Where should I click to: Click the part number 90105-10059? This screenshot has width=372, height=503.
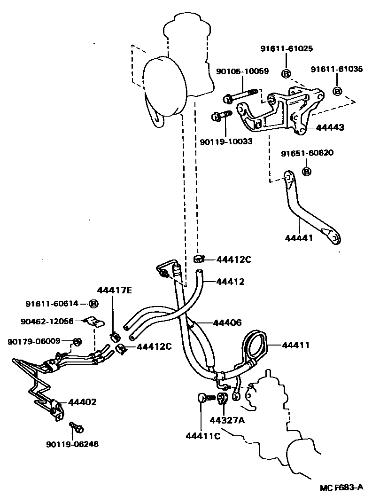(x=242, y=71)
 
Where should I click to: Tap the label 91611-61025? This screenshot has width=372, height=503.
(x=287, y=48)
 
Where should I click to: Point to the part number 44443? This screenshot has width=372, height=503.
(x=330, y=127)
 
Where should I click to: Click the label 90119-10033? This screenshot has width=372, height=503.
(x=225, y=141)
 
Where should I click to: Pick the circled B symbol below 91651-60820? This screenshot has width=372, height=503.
(x=306, y=171)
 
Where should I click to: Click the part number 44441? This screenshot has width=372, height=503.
(x=298, y=238)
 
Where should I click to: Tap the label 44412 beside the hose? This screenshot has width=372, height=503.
(x=230, y=282)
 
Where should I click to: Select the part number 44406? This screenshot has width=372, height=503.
(x=227, y=322)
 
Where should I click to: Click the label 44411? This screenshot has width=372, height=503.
(x=296, y=346)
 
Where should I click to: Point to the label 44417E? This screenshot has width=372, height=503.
(x=114, y=290)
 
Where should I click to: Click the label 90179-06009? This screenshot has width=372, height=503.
(x=34, y=341)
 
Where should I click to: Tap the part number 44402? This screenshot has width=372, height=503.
(x=82, y=402)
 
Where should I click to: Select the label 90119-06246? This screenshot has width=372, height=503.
(x=72, y=443)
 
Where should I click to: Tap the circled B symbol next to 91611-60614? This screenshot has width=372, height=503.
(x=93, y=304)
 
